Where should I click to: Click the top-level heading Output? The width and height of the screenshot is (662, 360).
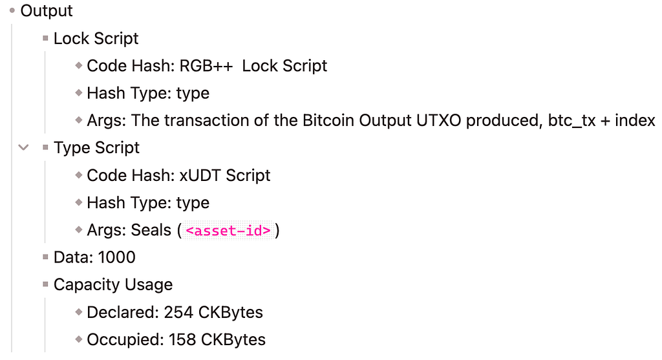tap(47, 11)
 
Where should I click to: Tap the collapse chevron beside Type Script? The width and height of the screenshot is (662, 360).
tap(24, 148)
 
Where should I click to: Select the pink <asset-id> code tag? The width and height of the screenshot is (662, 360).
tap(228, 231)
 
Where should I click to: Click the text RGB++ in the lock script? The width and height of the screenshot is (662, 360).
tap(206, 66)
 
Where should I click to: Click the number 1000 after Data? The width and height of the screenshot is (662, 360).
tap(116, 257)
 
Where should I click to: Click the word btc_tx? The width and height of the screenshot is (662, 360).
tap(571, 121)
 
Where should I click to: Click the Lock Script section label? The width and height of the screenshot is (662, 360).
tap(96, 38)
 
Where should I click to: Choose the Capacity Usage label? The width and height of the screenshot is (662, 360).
tap(113, 285)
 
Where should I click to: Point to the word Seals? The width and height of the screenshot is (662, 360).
tap(150, 231)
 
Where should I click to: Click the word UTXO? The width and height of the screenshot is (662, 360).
tap(439, 121)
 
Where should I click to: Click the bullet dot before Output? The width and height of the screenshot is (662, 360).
tap(12, 10)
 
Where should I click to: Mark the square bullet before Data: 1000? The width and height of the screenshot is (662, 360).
tap(46, 257)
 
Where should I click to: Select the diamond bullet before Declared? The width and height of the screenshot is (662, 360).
tap(78, 312)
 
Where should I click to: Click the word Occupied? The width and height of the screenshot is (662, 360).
tap(125, 340)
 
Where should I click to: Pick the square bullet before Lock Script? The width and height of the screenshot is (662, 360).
tap(46, 38)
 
